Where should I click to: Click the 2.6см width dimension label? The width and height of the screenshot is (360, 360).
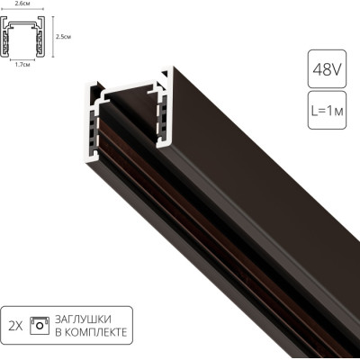[x=22, y=4]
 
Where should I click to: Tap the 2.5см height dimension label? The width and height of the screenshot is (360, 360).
[x=63, y=37]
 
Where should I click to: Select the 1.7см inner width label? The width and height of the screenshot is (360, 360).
[x=22, y=64]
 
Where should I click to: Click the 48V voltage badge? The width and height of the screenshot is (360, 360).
[x=327, y=69]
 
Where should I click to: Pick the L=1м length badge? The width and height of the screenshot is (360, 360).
[x=327, y=111]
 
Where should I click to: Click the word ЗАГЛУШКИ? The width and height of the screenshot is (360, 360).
[x=83, y=319]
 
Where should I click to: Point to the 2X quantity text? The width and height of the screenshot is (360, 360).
[x=15, y=326]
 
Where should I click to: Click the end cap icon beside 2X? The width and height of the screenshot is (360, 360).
[x=40, y=326]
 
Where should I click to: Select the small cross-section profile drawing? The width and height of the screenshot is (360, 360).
[x=22, y=36]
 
